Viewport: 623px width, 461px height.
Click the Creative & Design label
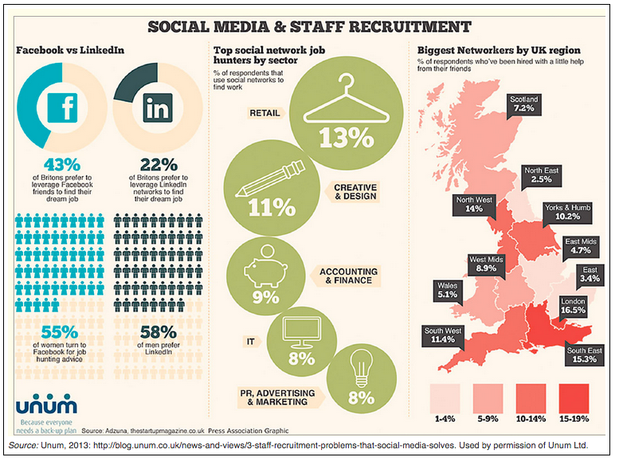pos(354,190)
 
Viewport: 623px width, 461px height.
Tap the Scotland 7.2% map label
pos(526,104)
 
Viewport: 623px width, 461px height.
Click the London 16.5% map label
pos(573,307)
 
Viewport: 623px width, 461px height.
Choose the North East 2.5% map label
pos(543,175)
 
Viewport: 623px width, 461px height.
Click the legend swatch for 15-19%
pos(573,396)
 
